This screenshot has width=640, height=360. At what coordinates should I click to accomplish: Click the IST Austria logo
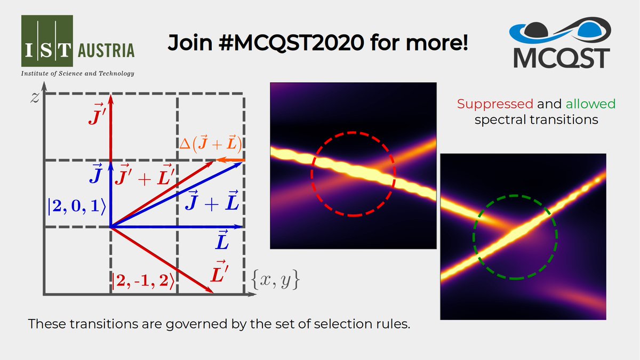coord(78,42)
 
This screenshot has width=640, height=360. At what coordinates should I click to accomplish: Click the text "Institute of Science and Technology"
coord(77,73)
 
